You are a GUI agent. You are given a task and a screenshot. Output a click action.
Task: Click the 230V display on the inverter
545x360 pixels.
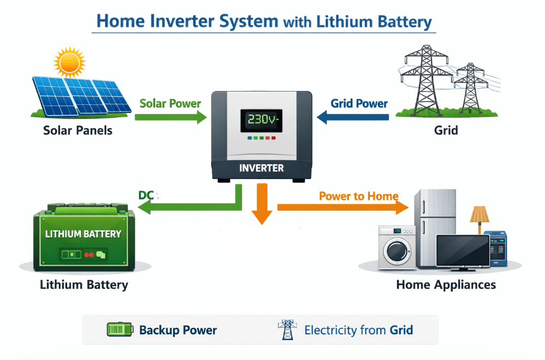click(261, 120)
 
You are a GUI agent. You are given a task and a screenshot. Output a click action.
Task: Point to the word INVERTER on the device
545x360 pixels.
click(261, 167)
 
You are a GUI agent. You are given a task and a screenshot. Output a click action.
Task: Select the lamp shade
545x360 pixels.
click(480, 213)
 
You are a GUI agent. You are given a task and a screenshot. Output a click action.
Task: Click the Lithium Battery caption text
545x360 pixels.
click(84, 285)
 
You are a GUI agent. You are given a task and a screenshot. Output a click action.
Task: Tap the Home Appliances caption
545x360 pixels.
click(446, 285)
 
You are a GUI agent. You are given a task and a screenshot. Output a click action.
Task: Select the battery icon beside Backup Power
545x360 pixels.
click(120, 329)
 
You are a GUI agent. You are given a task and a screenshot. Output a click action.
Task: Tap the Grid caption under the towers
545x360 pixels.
click(446, 131)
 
